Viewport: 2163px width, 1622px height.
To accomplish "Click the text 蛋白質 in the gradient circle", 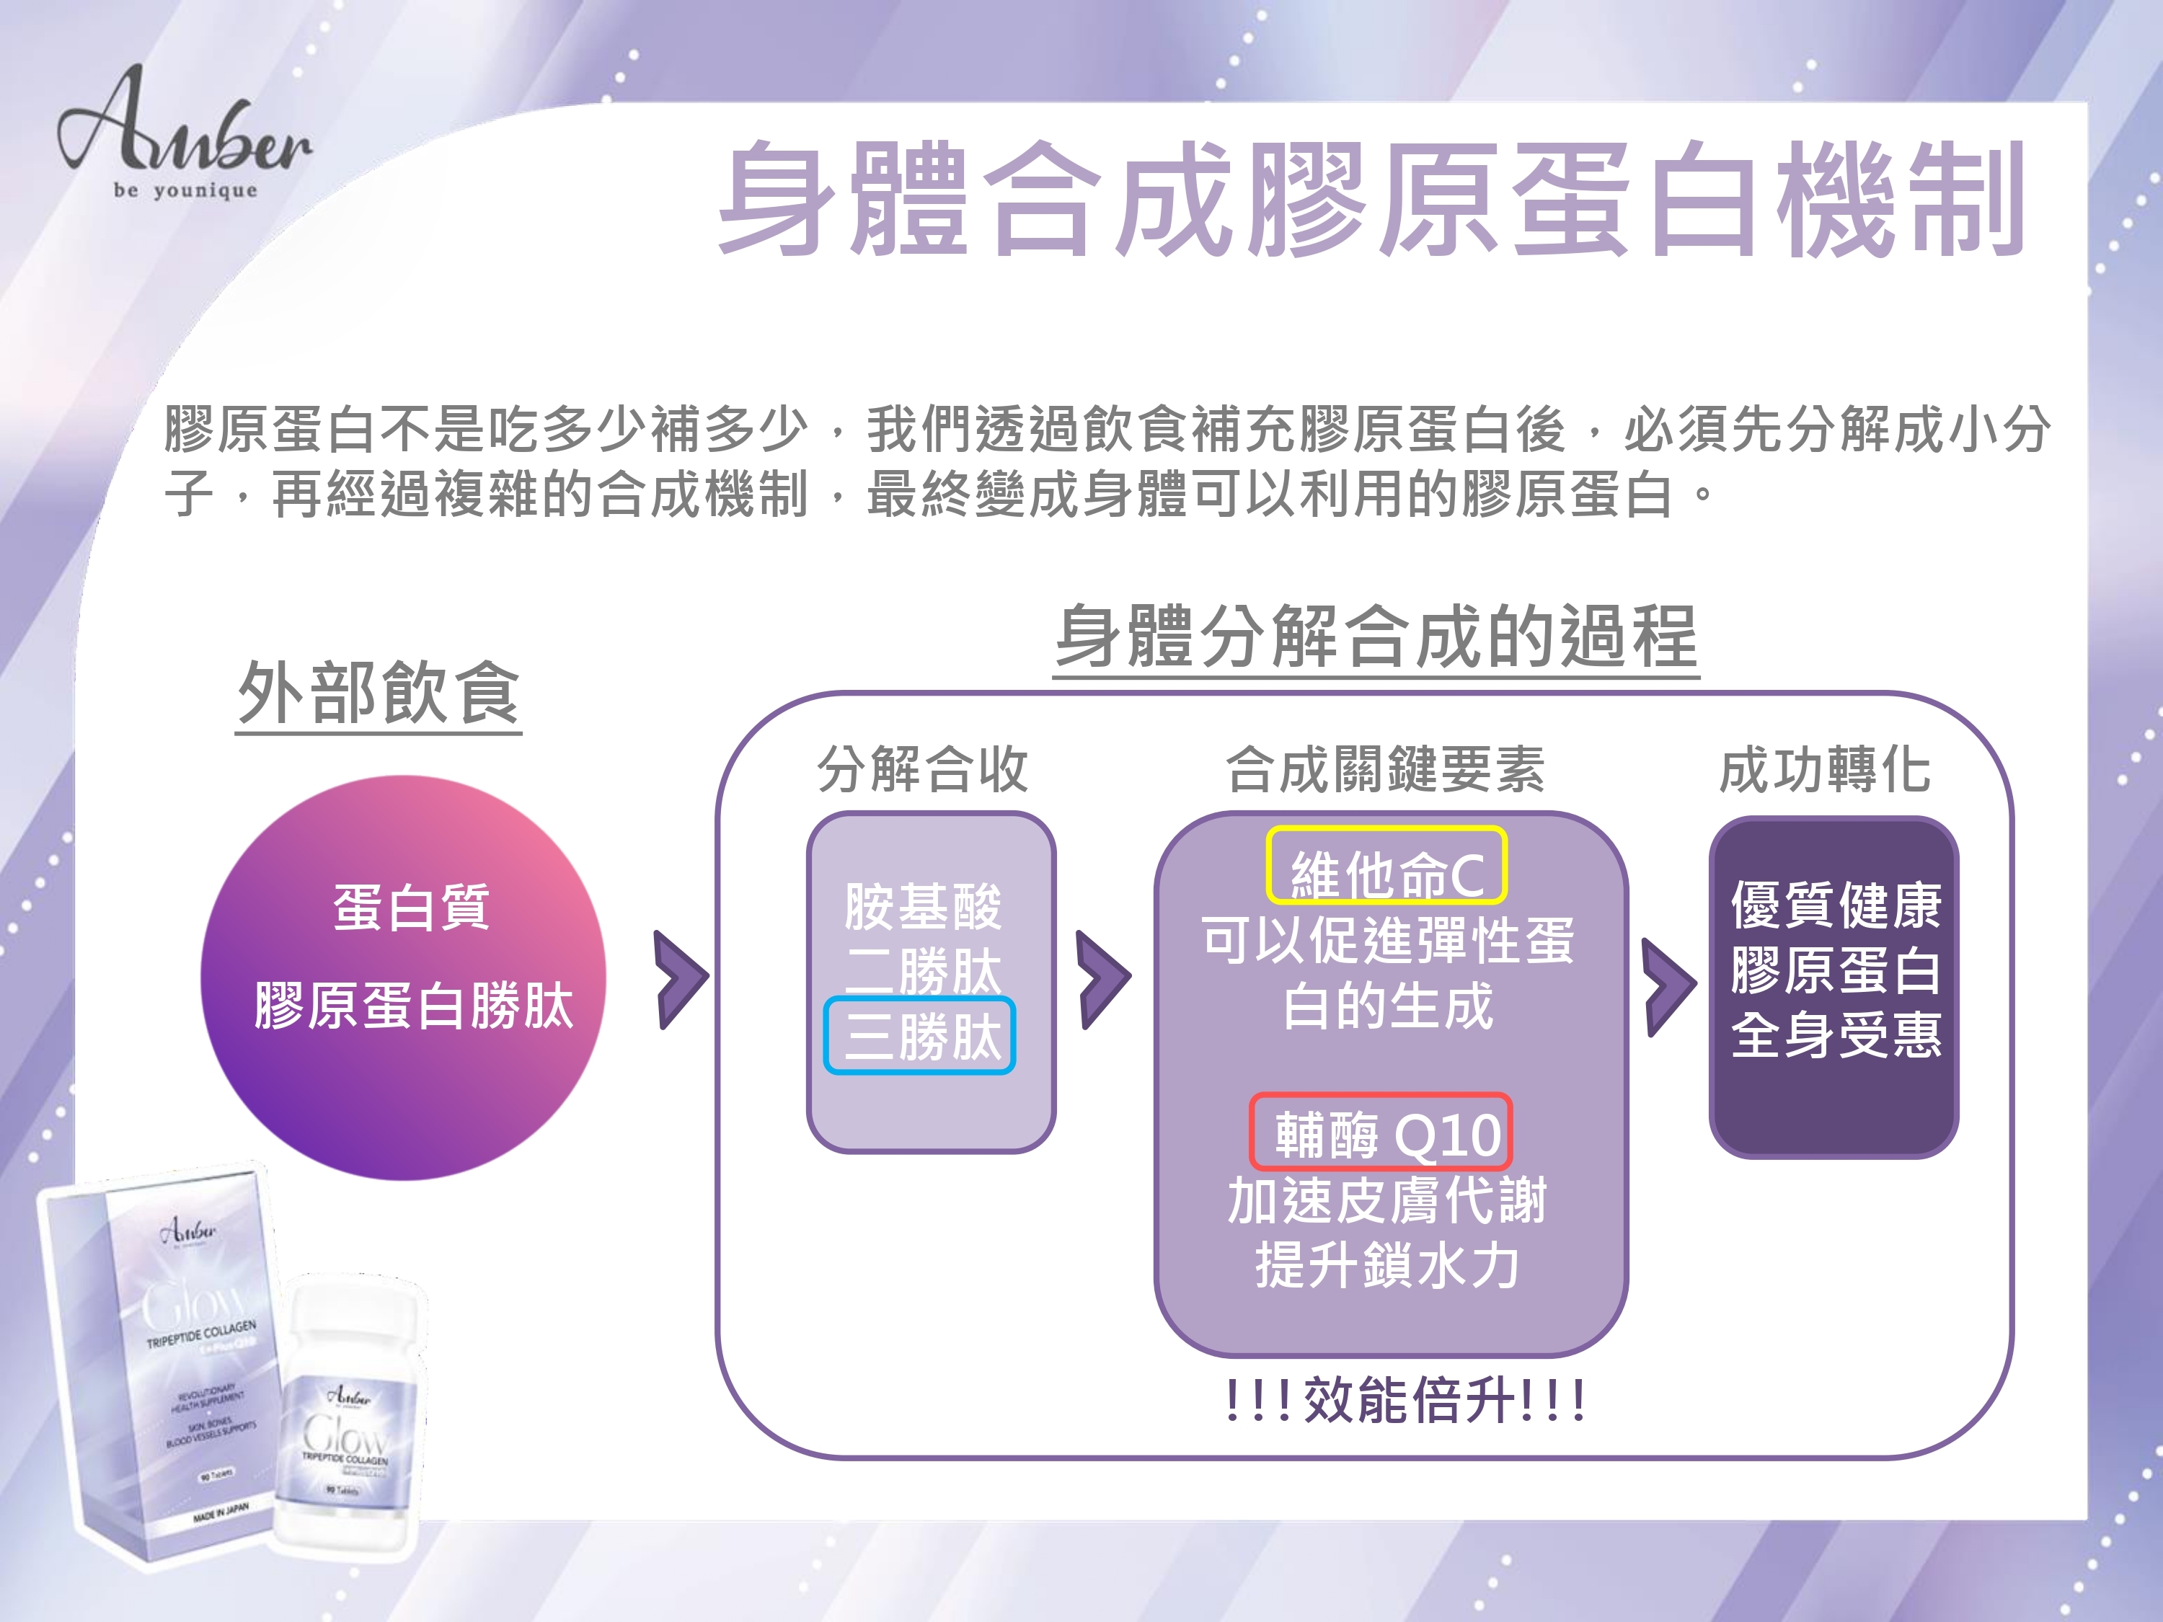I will pyautogui.click(x=412, y=906).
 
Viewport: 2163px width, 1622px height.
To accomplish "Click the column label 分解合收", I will pyautogui.click(x=923, y=768).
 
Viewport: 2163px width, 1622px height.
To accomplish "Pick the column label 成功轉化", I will pyautogui.click(x=1825, y=768).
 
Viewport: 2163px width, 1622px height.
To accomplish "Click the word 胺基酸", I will pyautogui.click(x=923, y=906).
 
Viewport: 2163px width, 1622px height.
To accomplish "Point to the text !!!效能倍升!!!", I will pyautogui.click(x=1405, y=1400).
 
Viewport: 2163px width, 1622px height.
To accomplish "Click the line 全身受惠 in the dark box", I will pyautogui.click(x=1836, y=1035).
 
